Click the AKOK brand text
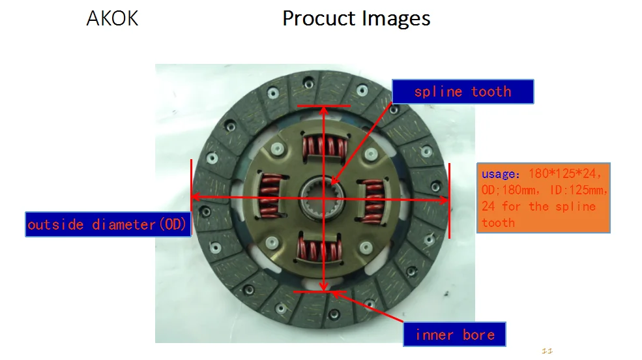click(x=112, y=18)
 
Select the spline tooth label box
click(x=462, y=92)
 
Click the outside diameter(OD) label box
click(x=108, y=224)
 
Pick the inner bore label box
click(x=454, y=335)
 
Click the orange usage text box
click(x=543, y=198)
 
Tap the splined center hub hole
click(x=324, y=198)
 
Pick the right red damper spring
click(x=373, y=199)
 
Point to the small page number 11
click(x=547, y=351)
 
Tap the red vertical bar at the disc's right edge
click(x=449, y=201)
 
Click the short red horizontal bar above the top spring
click(x=323, y=106)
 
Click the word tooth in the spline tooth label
click(x=491, y=92)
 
